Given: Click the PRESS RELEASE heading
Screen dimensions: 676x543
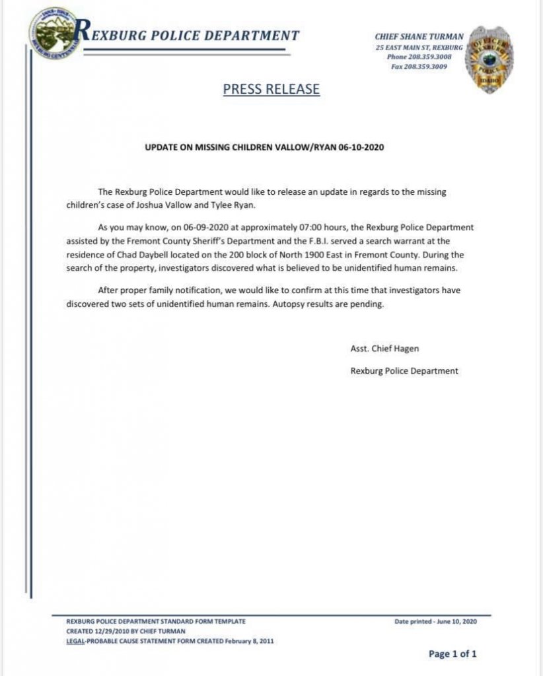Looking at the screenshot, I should coord(271,89).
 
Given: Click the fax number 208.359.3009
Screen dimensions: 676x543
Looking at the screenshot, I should coord(439,67).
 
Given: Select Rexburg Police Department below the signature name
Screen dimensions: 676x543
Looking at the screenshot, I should coord(404,371).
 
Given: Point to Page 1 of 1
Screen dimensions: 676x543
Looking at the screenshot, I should coord(452,654).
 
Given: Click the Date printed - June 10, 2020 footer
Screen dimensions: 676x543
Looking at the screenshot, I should coord(435,622).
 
